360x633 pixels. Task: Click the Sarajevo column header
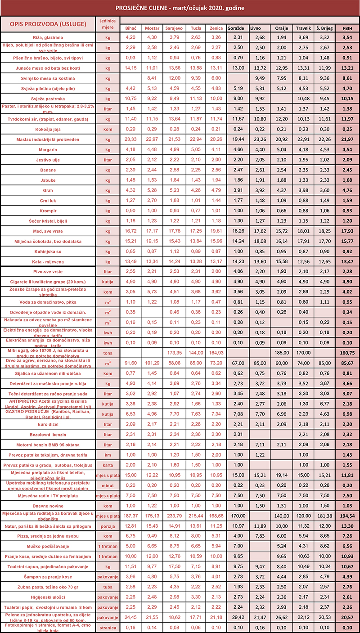pos(173,28)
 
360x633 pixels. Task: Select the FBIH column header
pos(347,28)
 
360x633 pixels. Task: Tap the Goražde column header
pos(235,28)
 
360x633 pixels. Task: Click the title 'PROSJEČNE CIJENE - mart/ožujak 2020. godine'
pos(180,8)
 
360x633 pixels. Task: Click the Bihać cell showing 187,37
pos(130,516)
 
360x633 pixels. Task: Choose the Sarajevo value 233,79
pos(173,516)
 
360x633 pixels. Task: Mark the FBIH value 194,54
pos(347,516)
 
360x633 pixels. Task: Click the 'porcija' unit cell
pos(108,526)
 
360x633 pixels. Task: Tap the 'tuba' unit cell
pos(108,587)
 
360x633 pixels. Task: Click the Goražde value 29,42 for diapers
pos(235,617)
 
